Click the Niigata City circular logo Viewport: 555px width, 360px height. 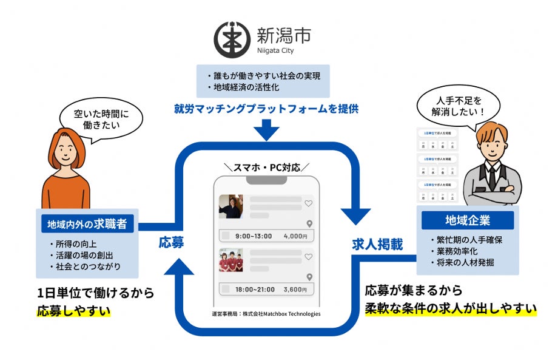(x=232, y=39)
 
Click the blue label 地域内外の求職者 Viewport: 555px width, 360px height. (x=87, y=224)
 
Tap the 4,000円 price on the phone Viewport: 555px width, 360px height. (x=295, y=236)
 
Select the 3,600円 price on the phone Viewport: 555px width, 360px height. (x=295, y=290)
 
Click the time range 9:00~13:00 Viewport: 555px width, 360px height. (x=254, y=236)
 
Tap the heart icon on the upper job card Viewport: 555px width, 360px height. (x=308, y=203)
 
